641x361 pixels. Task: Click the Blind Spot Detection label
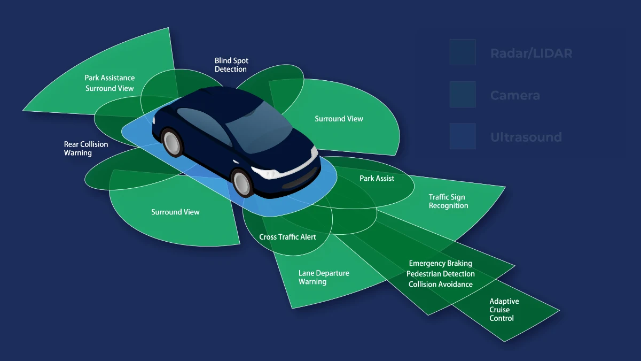[231, 65]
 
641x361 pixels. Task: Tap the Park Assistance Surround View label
[110, 83]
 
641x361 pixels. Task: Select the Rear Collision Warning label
[85, 149]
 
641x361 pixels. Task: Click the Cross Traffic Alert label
[287, 236]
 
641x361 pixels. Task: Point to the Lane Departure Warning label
[323, 277]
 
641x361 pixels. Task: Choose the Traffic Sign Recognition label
[448, 201]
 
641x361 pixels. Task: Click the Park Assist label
[377, 178]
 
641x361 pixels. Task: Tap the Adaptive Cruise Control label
[504, 310]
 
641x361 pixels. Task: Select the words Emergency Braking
[440, 263]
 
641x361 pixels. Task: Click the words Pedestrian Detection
[440, 274]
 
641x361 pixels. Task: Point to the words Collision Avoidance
[440, 285]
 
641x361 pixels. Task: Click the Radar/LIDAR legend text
[531, 53]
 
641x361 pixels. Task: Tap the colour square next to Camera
[462, 95]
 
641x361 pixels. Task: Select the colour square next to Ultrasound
[462, 136]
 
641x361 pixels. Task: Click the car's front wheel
[242, 182]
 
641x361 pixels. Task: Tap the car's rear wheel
[173, 142]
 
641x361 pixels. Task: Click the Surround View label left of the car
[175, 212]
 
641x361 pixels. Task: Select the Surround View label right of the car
[339, 119]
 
